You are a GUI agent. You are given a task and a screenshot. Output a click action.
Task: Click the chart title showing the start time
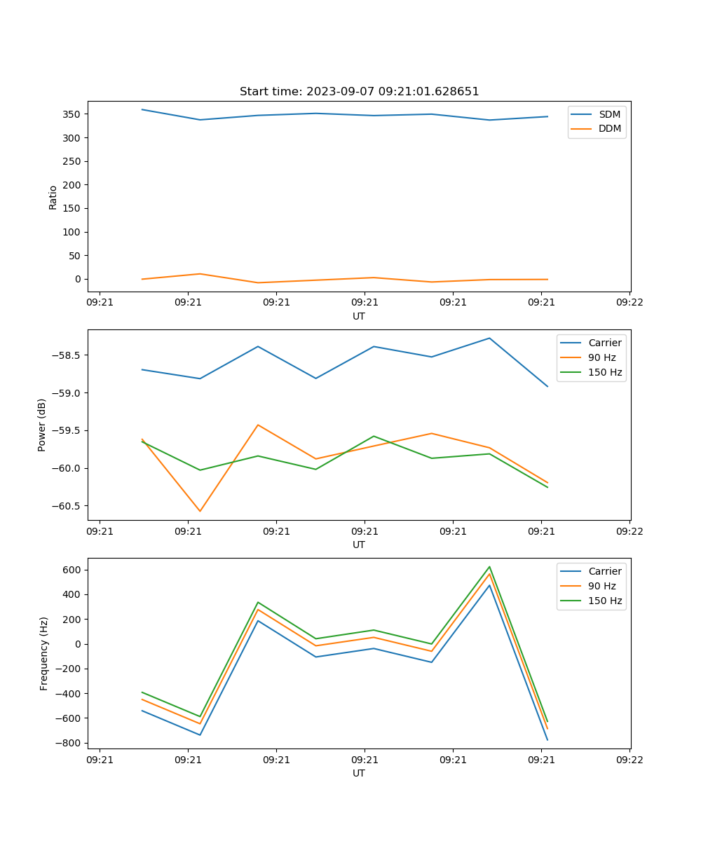coord(359,92)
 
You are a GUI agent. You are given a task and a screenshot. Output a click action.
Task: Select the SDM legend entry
coord(609,114)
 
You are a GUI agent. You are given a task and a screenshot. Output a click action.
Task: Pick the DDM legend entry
coord(609,128)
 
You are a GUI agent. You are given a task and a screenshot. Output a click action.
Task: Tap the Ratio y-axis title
coord(53,197)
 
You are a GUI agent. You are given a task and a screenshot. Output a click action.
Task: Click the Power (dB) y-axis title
coord(42,425)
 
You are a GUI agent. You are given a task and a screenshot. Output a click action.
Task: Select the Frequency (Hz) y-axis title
coord(44,653)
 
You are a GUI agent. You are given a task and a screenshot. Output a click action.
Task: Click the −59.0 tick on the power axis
coord(68,392)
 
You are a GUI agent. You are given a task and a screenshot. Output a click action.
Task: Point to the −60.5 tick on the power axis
coord(68,506)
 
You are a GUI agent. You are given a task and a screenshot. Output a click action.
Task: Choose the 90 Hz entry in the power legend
coord(601,357)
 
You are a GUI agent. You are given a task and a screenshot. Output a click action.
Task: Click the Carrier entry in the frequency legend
coord(604,571)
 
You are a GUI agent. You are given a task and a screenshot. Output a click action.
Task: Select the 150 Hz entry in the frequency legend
coord(605,601)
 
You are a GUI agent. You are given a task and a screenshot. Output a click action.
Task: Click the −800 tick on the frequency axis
coord(68,743)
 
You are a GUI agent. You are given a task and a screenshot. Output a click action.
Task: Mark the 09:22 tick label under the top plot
coord(629,303)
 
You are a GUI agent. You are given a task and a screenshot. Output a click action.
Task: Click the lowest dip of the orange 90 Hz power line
coord(200,511)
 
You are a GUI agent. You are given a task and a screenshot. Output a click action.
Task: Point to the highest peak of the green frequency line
coord(489,566)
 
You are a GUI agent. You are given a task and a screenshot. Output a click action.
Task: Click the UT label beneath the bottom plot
coord(359,773)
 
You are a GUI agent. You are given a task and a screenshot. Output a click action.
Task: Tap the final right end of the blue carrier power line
coord(547,386)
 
